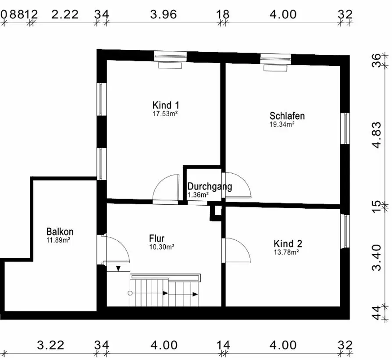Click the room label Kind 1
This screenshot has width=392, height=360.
coord(165,105)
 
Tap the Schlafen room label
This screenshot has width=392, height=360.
coord(287,116)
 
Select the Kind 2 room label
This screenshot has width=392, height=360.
coord(288,243)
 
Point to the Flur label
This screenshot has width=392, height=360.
coord(157,238)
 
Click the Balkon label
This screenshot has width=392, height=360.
coord(60,232)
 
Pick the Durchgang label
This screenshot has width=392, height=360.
coord(210,186)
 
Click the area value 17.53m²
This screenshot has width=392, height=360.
coord(165,114)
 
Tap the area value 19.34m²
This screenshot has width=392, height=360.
coord(282,124)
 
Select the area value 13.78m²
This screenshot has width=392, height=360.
coord(286,252)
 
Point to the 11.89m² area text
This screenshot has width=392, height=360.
coord(58,240)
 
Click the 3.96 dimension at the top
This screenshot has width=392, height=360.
coord(164,14)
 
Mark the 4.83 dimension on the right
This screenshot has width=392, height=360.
coord(377,135)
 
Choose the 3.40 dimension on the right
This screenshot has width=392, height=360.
coord(377,258)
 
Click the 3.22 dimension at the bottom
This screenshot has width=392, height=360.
coord(50,345)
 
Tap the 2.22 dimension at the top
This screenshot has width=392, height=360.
coord(65,14)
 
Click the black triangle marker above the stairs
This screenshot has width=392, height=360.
coord(118,269)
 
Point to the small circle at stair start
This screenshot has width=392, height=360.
coord(130,293)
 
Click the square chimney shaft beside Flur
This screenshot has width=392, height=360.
coord(215,213)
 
